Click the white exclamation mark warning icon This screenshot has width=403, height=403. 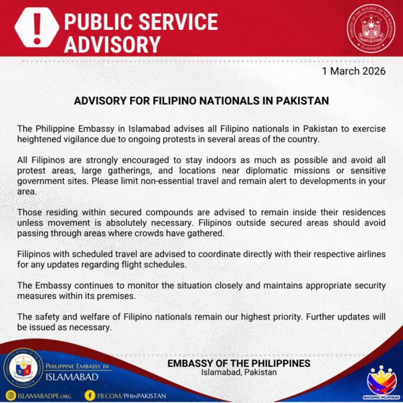click(36, 27)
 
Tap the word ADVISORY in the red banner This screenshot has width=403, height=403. click(112, 44)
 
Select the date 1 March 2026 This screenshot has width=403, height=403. click(354, 71)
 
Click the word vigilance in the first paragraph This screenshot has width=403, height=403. click(76, 139)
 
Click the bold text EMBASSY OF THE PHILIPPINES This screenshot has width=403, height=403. click(239, 363)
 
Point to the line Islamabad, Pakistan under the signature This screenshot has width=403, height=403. click(239, 373)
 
